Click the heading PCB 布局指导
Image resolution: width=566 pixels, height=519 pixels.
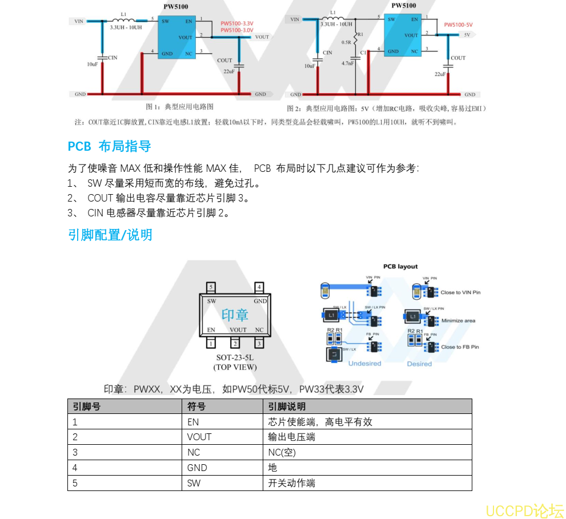coord(109,146)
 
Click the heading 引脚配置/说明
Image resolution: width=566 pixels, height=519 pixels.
coord(110,235)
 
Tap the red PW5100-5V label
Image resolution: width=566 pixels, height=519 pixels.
coord(458,25)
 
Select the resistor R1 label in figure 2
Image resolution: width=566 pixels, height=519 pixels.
coord(360,35)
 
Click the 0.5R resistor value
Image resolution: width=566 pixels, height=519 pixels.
coord(346,43)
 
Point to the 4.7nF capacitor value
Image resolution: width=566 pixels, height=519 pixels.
coord(348,63)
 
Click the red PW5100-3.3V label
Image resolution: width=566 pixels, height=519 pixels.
coord(236,23)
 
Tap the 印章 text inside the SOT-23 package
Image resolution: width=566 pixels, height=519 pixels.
coord(235,314)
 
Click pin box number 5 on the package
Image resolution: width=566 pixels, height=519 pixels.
coord(211,287)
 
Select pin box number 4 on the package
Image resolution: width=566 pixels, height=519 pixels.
coord(259,287)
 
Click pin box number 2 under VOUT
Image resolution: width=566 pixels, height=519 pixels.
coord(235,343)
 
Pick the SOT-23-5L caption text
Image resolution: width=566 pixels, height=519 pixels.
coord(235,358)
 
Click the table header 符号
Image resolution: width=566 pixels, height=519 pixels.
coord(196,407)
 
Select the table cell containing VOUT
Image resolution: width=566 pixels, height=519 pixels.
coord(199,437)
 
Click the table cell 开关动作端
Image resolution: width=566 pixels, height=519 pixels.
coord(291,484)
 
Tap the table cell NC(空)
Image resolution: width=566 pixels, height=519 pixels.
coord(282,453)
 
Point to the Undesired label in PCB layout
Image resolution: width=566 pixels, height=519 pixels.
coord(364,364)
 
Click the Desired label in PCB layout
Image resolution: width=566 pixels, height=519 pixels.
coord(419,364)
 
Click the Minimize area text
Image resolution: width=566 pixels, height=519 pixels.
coord(458,321)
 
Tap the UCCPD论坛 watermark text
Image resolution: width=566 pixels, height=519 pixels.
coord(524,510)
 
